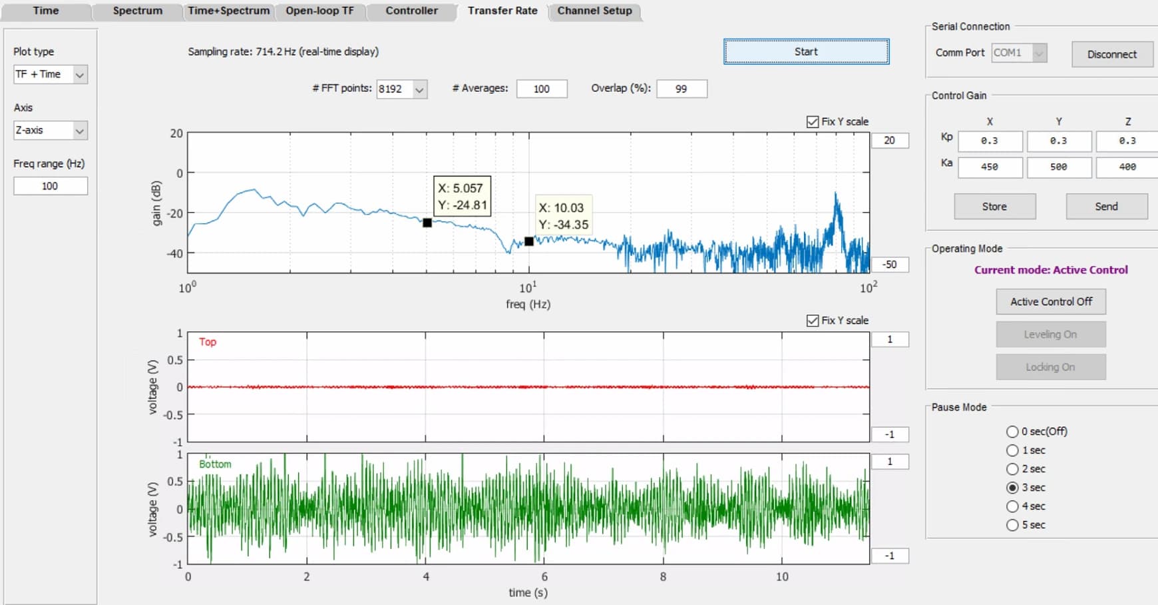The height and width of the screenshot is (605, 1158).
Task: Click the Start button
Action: coord(806,51)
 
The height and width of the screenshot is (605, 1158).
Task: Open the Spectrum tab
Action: coord(137,11)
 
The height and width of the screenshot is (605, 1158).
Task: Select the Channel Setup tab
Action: coord(595,11)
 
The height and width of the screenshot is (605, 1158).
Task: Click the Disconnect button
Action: coord(1112,54)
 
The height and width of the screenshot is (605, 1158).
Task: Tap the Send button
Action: coord(1107,207)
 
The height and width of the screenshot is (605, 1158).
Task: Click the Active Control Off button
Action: coord(1052,302)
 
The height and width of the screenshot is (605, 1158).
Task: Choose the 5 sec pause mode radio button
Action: coord(1013,525)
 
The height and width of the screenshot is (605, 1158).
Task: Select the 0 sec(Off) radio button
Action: coord(1013,432)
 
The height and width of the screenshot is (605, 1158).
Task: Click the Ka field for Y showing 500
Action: coord(1059,167)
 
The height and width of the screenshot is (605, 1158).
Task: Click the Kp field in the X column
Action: coord(990,141)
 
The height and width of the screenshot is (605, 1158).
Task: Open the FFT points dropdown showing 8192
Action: coord(402,89)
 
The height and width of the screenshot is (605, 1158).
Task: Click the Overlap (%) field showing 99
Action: coord(681,89)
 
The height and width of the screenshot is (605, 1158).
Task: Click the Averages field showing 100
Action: coord(542,89)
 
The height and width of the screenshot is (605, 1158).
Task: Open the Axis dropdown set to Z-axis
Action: coord(51,131)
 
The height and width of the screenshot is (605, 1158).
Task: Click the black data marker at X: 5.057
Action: coord(427,223)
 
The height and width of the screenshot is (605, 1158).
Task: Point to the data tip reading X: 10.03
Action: coord(564,217)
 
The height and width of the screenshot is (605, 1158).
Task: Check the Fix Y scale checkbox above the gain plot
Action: coord(813,122)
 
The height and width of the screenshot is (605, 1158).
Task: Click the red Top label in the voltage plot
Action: coord(208,342)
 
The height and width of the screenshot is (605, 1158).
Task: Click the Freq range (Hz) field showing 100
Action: coord(51,186)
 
